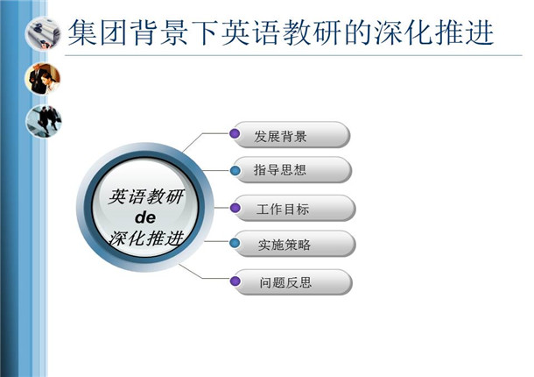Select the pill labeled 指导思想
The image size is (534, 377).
click(x=292, y=170)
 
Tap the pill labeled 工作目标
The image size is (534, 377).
click(x=294, y=208)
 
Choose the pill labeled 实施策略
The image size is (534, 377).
click(x=294, y=244)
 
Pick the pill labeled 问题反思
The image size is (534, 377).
click(x=292, y=282)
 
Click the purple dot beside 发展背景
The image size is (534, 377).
click(x=235, y=133)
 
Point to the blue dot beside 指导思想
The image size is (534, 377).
click(x=235, y=171)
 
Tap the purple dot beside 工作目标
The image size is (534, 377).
click(x=235, y=208)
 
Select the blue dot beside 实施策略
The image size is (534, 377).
click(x=235, y=243)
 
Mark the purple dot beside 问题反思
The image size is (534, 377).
click(x=235, y=281)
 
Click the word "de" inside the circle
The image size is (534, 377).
click(x=145, y=217)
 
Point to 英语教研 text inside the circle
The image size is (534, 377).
click(x=146, y=197)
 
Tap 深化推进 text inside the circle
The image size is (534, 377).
click(x=146, y=238)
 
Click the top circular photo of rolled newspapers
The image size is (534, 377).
click(x=43, y=34)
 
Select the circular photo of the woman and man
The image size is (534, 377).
click(x=43, y=79)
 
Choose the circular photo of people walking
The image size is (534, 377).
click(x=44, y=121)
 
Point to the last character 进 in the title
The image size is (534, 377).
click(x=480, y=32)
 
